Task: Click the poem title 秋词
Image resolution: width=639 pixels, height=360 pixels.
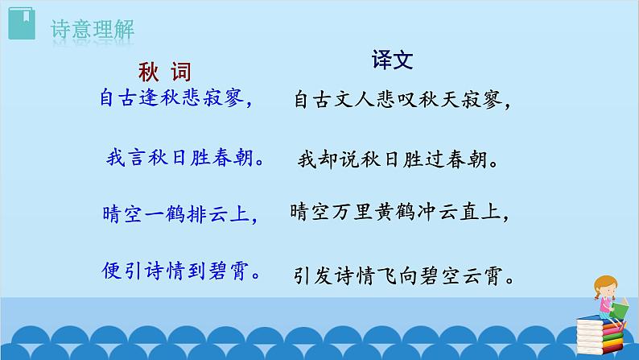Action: click(x=163, y=72)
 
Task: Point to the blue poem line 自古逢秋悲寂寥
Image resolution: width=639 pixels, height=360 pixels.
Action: click(x=177, y=99)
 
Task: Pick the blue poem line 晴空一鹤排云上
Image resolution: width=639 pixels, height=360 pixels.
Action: click(x=182, y=214)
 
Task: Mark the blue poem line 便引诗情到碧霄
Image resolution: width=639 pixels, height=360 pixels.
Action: click(x=184, y=270)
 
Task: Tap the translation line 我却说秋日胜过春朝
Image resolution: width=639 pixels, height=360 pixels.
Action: click(x=398, y=159)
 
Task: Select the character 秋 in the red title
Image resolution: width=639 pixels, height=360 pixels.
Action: click(x=147, y=72)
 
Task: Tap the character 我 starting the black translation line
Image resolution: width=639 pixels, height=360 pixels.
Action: click(x=307, y=159)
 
